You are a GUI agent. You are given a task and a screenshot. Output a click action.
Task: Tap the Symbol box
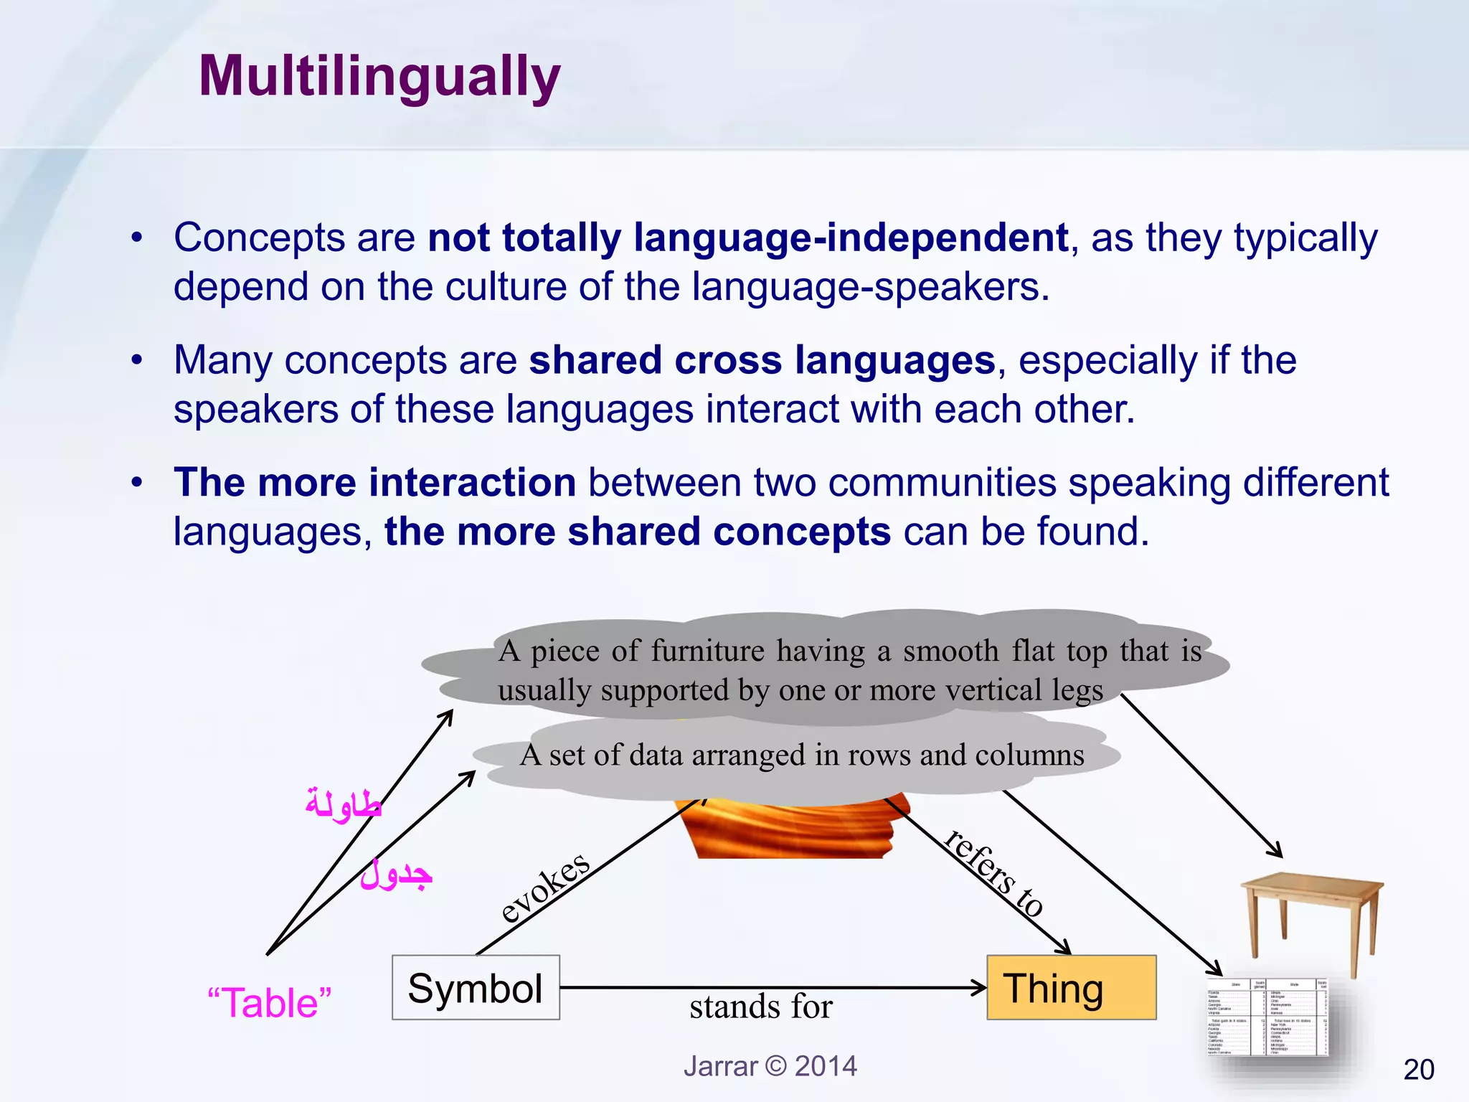476,988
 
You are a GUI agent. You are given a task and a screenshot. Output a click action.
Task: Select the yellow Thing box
1071,988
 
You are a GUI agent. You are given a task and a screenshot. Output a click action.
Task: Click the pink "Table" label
269,1002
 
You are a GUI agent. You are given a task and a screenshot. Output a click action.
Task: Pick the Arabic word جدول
397,875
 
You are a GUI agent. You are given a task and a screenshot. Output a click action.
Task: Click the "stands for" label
760,1007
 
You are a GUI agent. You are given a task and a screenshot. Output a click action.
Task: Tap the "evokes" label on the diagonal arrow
545,887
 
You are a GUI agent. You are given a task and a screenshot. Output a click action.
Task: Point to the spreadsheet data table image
1267,1017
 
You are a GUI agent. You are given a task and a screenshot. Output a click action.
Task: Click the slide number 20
1418,1070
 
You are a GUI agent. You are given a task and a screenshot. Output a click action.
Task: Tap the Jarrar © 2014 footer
770,1066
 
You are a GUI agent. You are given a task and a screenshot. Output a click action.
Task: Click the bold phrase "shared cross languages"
762,360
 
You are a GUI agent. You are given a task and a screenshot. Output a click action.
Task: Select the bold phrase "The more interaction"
374,482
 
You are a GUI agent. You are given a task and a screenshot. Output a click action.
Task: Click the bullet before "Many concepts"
136,360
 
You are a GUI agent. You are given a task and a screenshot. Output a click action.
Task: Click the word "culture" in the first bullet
506,287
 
